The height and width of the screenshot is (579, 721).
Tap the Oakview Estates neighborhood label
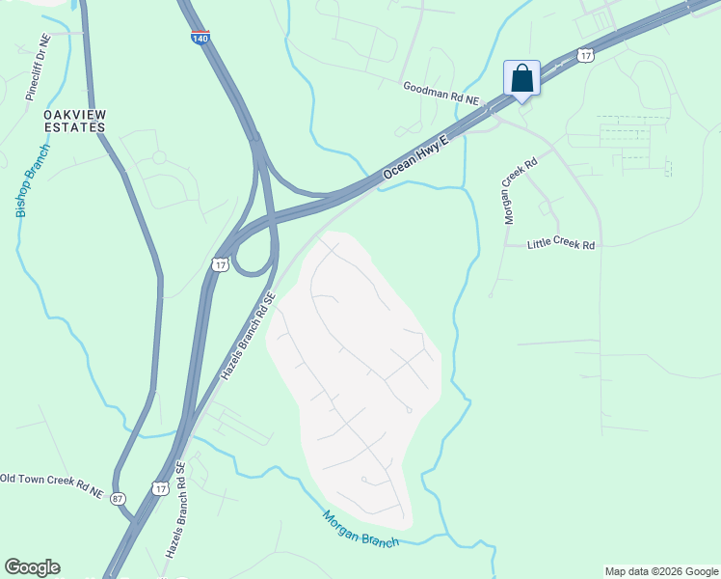74,121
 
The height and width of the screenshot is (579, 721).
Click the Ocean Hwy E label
417,154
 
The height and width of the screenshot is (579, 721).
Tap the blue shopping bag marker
521,78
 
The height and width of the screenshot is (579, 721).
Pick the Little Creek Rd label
561,245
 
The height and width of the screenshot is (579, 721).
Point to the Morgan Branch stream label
360,528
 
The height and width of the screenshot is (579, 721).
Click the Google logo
32,567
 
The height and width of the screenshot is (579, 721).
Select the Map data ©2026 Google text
661,571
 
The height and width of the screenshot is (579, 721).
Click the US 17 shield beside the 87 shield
160,490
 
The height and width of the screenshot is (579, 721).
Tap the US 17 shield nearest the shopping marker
585,56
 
